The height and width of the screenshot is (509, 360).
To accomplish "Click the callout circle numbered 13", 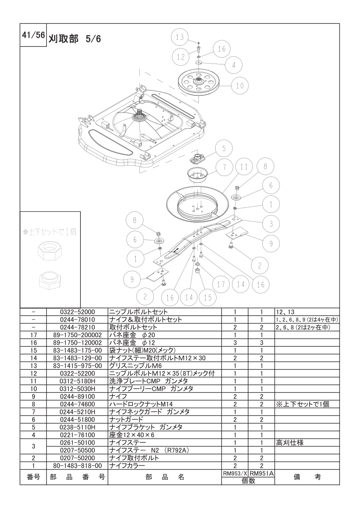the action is pyautogui.click(x=180, y=37).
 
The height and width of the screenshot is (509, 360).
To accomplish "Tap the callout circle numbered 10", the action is pyautogui.click(x=240, y=86).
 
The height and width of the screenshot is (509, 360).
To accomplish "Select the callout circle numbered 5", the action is pyautogui.click(x=223, y=149).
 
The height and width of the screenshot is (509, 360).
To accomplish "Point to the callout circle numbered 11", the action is pyautogui.click(x=244, y=167).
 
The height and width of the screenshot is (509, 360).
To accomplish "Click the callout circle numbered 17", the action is pyautogui.click(x=221, y=285).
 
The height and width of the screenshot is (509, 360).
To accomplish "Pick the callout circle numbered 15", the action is pyautogui.click(x=208, y=298).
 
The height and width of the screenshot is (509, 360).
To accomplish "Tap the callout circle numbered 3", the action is pyautogui.click(x=271, y=224).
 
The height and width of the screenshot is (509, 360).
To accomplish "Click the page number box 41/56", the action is pyautogui.click(x=33, y=35).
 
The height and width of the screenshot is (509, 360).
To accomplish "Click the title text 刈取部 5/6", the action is pyautogui.click(x=75, y=39).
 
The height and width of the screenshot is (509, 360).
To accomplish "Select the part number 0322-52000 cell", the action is pyautogui.click(x=77, y=312).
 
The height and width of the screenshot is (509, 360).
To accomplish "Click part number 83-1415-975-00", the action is pyautogui.click(x=77, y=366).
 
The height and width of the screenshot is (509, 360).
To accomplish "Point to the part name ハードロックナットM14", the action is pyautogui.click(x=141, y=404).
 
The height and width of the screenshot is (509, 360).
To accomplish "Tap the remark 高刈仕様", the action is pyautogui.click(x=290, y=442).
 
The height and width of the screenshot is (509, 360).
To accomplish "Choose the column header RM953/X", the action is pyautogui.click(x=235, y=474).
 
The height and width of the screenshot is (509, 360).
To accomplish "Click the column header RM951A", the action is pyautogui.click(x=261, y=474).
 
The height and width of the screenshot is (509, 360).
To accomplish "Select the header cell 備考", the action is pyautogui.click(x=307, y=477).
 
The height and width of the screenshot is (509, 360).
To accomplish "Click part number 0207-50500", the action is pyautogui.click(x=77, y=450).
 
